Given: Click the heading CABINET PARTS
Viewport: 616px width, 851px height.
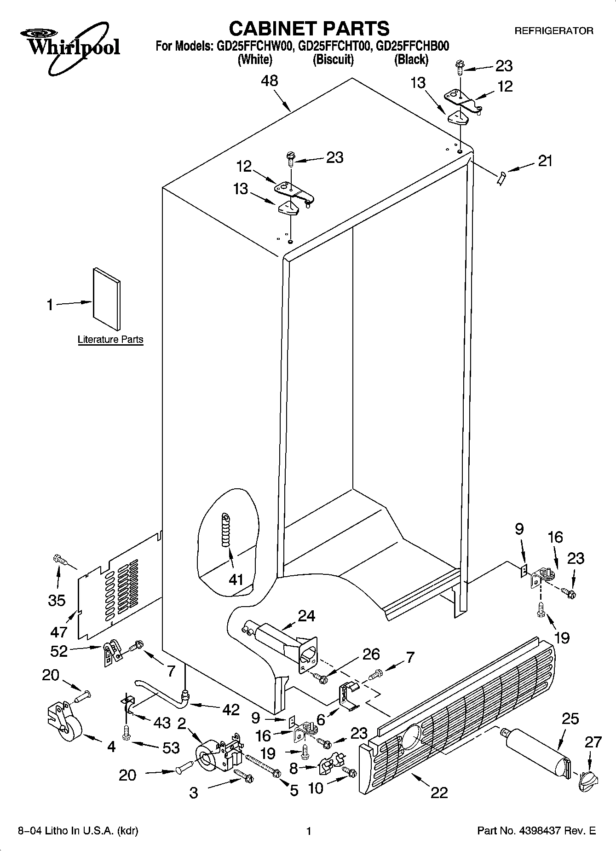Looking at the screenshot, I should pyautogui.click(x=309, y=29).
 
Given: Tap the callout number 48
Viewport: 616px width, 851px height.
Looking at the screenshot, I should pyautogui.click(x=269, y=81).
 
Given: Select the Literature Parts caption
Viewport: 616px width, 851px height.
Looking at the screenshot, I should pyautogui.click(x=110, y=340).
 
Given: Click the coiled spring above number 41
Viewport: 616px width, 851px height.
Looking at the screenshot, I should pyautogui.click(x=225, y=530).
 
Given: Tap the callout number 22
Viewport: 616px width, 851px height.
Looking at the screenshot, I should pyautogui.click(x=439, y=793).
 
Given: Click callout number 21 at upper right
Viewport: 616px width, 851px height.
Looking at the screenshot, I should pyautogui.click(x=545, y=161).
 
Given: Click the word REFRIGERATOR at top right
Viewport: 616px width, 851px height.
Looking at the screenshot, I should pyautogui.click(x=553, y=31).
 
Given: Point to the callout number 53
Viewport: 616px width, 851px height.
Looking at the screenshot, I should pyautogui.click(x=171, y=747).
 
